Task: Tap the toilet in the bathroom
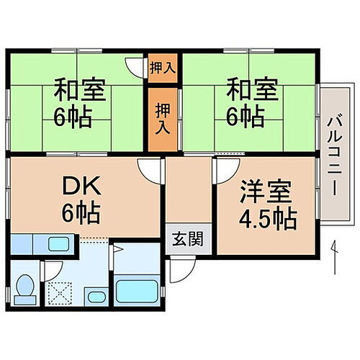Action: [x=25, y=288]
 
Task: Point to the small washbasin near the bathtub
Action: [x=96, y=296]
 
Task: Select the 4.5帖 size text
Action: [x=268, y=217]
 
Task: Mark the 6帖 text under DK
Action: [x=81, y=214]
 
